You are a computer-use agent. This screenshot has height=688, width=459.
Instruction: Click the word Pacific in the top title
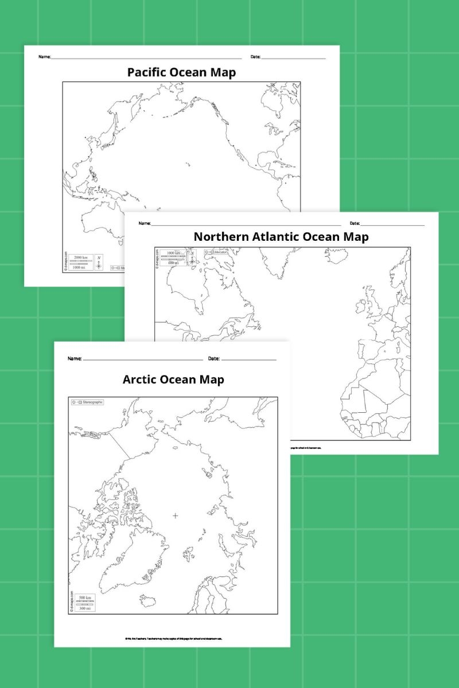(147, 73)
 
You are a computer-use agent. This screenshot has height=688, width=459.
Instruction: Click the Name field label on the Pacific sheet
(44, 57)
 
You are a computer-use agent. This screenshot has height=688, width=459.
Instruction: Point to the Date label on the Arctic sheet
(213, 359)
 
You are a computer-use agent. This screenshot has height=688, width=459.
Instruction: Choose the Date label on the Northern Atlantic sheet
(355, 223)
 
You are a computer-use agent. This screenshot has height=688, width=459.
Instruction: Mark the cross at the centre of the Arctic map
(175, 516)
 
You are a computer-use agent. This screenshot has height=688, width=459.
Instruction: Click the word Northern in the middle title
(220, 236)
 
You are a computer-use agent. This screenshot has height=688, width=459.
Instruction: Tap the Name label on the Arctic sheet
(75, 359)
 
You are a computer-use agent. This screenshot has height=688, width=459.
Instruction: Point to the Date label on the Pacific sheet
(255, 57)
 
